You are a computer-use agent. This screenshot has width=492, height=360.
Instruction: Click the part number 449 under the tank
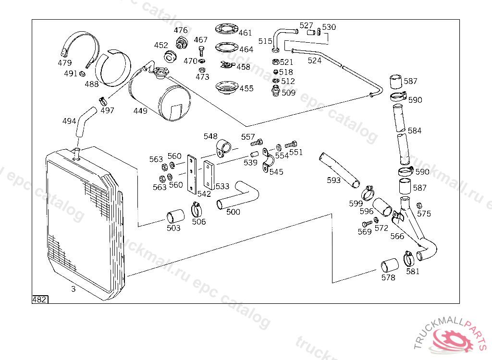(140, 111)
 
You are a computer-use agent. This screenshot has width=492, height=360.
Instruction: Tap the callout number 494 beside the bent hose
(69, 121)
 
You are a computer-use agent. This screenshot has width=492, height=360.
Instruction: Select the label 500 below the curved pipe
(233, 212)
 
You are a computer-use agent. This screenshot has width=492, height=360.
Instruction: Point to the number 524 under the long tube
(314, 60)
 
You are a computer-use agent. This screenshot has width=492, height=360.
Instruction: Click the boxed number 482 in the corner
(39, 300)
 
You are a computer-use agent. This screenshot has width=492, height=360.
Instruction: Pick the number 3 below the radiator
(73, 289)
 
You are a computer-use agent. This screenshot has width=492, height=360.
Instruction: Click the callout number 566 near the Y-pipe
(397, 236)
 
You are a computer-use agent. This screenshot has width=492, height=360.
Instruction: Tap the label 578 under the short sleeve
(388, 277)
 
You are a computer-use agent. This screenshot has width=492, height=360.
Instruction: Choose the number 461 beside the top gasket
(245, 33)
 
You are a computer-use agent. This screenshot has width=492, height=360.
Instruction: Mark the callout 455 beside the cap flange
(246, 88)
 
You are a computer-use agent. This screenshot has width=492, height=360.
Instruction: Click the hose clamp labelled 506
(197, 209)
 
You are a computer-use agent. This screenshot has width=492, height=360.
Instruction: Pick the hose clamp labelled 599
(369, 193)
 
